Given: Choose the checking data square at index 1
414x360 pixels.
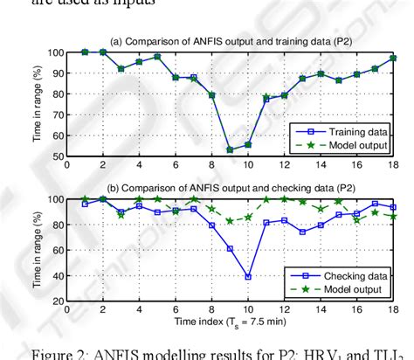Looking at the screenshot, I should [85, 204].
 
